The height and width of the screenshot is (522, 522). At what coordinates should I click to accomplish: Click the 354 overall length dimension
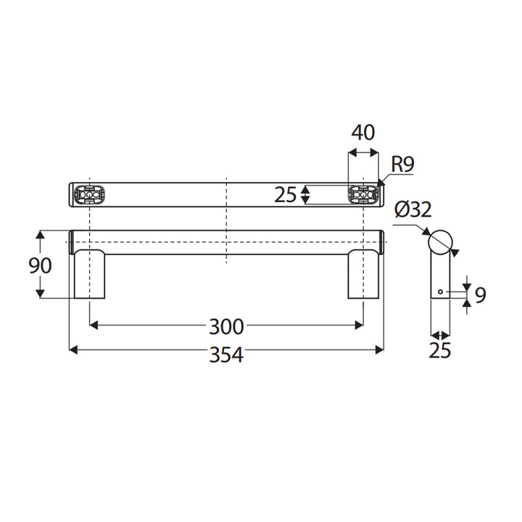pos(225,355)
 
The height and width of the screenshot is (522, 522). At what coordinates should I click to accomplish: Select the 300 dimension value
pos(225,327)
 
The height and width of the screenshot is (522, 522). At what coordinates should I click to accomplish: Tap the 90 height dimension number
pos(41,265)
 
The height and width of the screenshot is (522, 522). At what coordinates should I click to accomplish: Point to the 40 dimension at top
pos(362,133)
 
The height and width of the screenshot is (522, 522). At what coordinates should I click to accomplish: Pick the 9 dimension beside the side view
pos(480,294)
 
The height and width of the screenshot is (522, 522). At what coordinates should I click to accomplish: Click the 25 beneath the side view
pos(439,351)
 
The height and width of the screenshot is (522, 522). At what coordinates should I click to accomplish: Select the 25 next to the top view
pos(286,194)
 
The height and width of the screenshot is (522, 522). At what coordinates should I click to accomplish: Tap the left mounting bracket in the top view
pos(89,195)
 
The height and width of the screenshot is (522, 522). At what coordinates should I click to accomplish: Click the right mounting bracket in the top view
pos(363,194)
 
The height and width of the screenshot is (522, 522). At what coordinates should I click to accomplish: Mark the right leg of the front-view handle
pos(363,273)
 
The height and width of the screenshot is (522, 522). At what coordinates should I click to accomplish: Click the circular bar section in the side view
pos(440,241)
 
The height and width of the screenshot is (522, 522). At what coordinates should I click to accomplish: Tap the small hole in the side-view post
pos(440,291)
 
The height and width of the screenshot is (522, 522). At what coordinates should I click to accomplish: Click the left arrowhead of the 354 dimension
pos(72,350)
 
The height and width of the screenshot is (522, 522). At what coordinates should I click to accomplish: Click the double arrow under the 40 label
pos(363,153)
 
